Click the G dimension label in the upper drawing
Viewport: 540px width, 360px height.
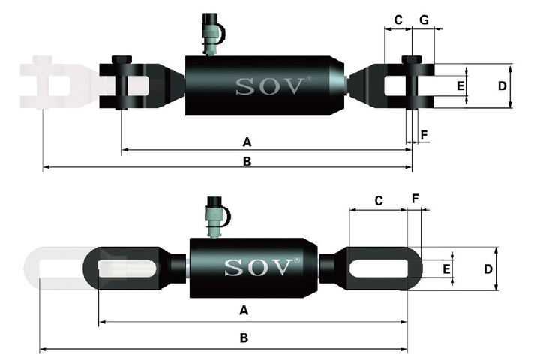pos(424,19)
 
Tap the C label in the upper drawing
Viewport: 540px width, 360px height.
pos(398,20)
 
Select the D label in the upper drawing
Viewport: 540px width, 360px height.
pos(502,85)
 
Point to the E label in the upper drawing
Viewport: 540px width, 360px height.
pos(460,85)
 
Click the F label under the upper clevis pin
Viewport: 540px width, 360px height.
pos(424,135)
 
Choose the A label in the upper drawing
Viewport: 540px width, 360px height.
pos(247,142)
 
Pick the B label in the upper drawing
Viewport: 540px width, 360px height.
pos(247,161)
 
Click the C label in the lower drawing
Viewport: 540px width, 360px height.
pos(379,200)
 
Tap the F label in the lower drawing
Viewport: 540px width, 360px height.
pos(415,199)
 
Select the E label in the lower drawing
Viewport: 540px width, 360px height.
pos(446,268)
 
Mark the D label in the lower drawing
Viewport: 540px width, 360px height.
pos(488,268)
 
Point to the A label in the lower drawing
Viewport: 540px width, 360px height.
pos(244,310)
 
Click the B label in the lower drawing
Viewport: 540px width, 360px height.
pos(244,337)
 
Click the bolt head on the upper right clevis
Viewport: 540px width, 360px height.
pos(412,59)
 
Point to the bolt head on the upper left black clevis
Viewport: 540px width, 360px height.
pos(121,59)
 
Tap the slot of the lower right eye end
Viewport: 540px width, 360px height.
pos(379,268)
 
